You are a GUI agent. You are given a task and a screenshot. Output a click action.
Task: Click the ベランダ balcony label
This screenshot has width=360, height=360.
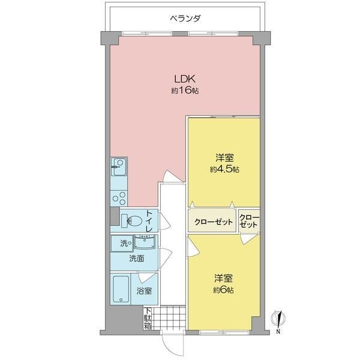[x=185, y=19]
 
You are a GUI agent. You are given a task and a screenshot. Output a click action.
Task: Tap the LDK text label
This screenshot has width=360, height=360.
[x=185, y=79]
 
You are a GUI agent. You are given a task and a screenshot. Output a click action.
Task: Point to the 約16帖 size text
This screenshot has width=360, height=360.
[x=185, y=91]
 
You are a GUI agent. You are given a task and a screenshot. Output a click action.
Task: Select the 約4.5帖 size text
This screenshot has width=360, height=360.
[x=224, y=169]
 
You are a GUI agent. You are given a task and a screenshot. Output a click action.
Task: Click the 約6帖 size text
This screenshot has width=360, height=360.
[x=223, y=290]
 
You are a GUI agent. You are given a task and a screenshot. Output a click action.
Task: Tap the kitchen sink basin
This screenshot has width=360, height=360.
[x=119, y=167]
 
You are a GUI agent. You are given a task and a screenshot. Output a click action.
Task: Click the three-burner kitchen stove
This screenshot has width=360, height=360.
[x=119, y=199]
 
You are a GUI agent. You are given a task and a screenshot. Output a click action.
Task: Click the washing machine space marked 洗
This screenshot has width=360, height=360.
[x=122, y=244]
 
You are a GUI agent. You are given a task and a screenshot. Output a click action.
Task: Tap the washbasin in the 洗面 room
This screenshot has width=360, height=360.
[x=145, y=242]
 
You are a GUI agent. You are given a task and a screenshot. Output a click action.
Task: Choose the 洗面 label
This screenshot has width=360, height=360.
[x=137, y=259]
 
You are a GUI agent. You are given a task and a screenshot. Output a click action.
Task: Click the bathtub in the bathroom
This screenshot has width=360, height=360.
[x=121, y=289]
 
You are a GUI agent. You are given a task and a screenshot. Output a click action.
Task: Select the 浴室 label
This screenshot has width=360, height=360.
[x=144, y=291]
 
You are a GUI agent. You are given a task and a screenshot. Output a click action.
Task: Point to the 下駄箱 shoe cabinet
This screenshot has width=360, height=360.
[x=148, y=318]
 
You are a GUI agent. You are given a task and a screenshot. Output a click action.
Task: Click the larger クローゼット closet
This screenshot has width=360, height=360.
[x=212, y=221]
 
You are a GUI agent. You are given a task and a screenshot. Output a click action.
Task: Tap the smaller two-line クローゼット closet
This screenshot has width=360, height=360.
[x=249, y=221]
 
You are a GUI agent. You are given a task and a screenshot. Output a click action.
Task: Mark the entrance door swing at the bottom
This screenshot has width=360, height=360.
[x=173, y=343]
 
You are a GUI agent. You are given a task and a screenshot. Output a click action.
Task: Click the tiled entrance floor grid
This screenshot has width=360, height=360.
[x=169, y=318]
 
